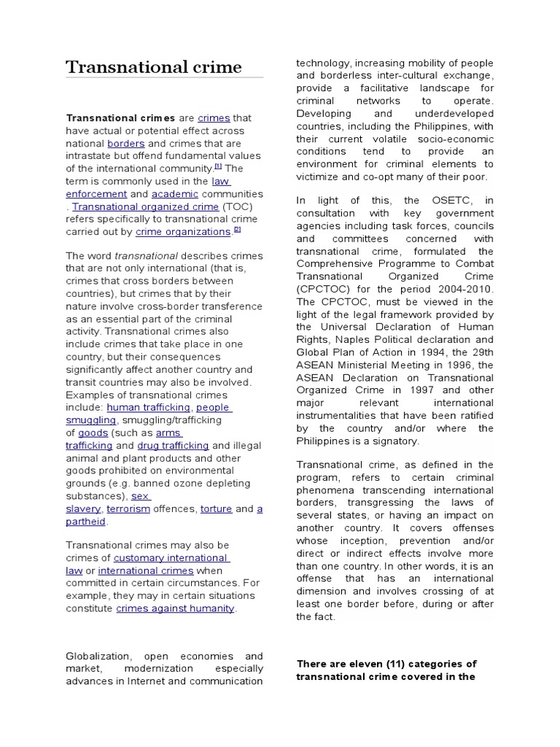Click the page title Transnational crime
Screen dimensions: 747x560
154,68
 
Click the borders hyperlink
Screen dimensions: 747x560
125,144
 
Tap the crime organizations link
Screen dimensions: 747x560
183,232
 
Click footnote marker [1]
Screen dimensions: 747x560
217,166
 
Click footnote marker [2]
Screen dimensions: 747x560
236,230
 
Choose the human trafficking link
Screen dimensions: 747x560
149,408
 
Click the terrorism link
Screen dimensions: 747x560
128,509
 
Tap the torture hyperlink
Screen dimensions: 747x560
216,509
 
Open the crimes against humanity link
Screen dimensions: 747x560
175,609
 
